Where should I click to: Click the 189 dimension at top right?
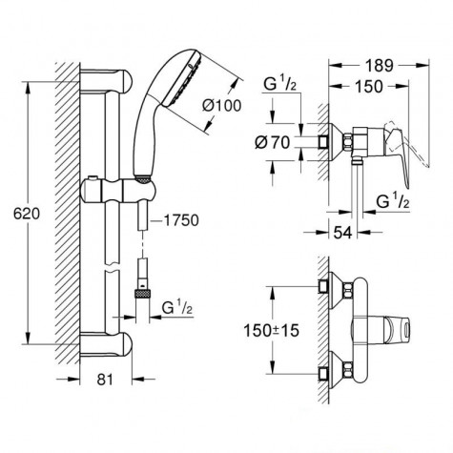[380, 68]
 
